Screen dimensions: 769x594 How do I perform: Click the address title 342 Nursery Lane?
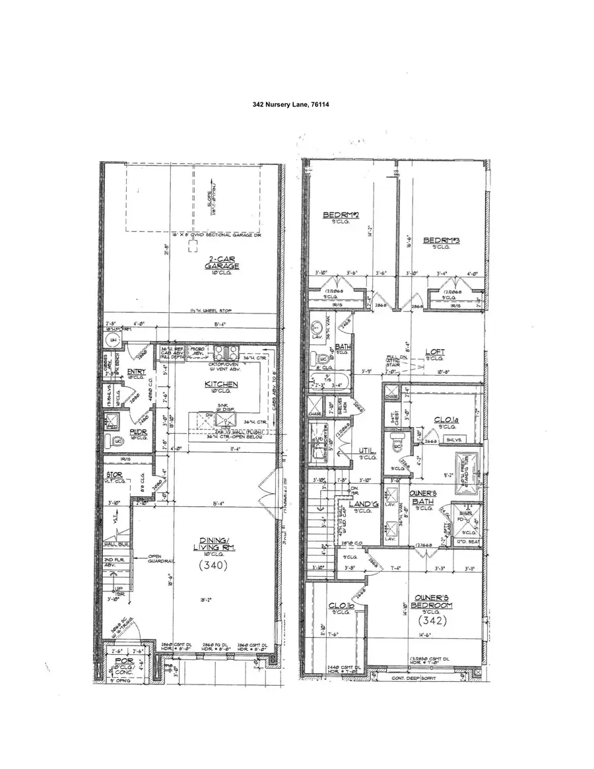coord(296,105)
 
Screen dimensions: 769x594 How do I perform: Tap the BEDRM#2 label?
coord(340,215)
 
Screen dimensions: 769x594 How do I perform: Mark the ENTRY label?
coord(137,371)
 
